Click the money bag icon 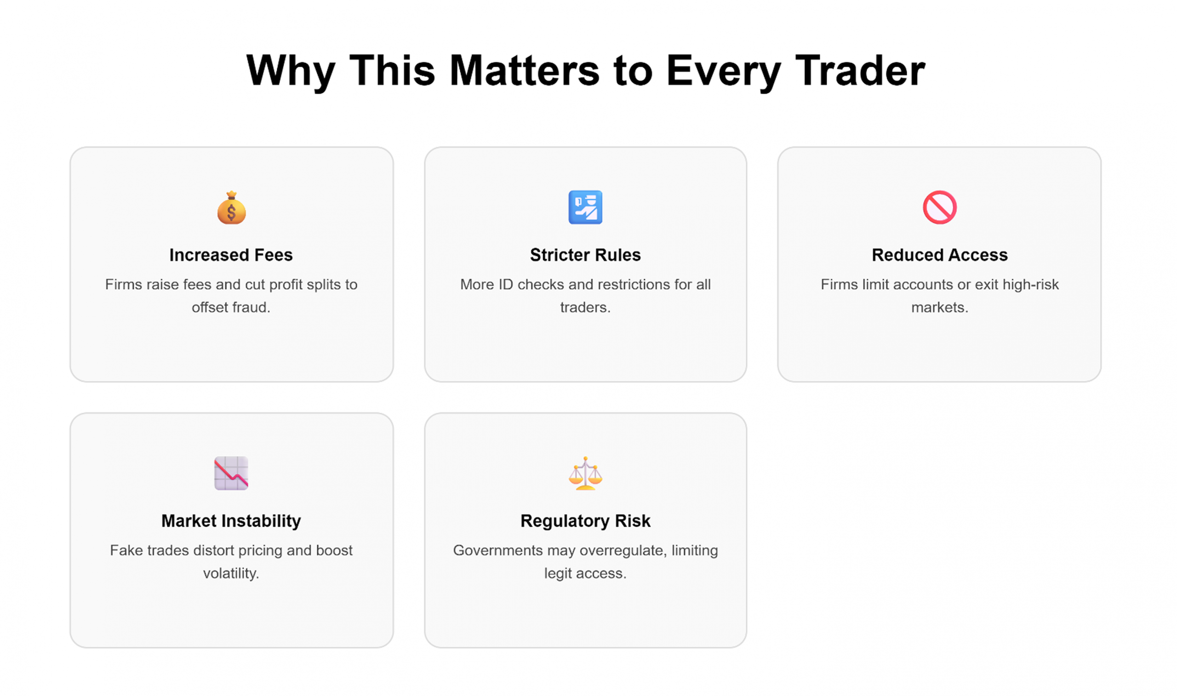click(231, 208)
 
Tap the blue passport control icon click(585, 207)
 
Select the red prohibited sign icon click(939, 207)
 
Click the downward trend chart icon click(231, 473)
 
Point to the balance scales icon click(585, 473)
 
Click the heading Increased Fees click(231, 255)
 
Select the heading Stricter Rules click(585, 255)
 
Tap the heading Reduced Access click(940, 255)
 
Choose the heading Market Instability click(231, 521)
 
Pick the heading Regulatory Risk click(585, 521)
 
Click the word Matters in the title click(525, 70)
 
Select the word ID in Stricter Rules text click(505, 284)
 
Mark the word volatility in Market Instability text click(231, 573)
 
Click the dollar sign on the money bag click(231, 212)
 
